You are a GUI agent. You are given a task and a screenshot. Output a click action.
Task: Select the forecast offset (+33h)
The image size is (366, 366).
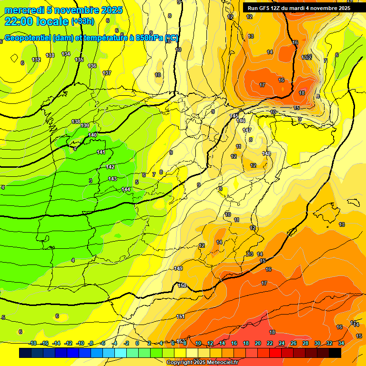point(82,21)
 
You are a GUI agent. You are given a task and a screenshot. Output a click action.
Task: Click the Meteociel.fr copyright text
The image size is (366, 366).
point(196,363)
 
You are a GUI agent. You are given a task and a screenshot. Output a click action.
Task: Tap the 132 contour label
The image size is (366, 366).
point(36,60)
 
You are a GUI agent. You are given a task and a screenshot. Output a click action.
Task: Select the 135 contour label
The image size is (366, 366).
point(80,60)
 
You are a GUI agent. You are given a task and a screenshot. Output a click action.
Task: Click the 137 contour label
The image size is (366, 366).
point(107,73)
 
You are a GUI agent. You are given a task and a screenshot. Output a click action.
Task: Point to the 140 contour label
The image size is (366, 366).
point(93,135)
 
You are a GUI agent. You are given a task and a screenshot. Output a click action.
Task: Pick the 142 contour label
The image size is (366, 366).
point(110,167)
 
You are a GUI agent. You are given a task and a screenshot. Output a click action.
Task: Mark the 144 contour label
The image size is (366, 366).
point(126,189)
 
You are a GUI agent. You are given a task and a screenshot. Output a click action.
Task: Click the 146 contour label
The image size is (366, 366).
point(241,121)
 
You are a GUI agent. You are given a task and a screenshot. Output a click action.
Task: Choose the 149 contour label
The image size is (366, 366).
point(178,269)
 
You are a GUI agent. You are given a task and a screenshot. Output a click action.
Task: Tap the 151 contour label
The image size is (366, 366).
point(181,316)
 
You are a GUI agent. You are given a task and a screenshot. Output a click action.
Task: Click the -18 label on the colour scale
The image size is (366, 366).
point(32,344)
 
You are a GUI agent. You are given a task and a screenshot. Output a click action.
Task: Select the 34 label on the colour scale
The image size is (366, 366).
point(341,344)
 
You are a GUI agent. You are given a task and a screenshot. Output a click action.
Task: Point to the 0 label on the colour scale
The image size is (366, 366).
point(137,344)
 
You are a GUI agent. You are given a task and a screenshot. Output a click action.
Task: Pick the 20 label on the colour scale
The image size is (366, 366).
point(257,344)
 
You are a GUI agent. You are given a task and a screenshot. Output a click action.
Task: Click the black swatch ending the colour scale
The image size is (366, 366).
point(335,353)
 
